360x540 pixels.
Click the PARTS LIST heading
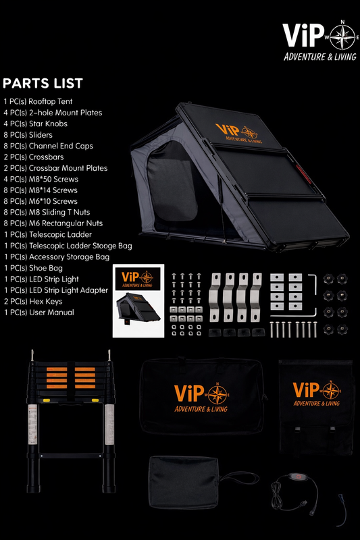coord(43,83)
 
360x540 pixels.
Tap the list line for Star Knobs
coord(36,124)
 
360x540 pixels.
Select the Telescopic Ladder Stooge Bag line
coord(68,246)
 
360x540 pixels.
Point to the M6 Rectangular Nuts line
coord(53,223)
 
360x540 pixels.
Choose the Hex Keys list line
coord(33,302)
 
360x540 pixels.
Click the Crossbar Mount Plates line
coord(55,168)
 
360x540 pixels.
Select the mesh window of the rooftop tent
coord(172,182)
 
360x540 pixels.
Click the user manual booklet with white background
coord(138,300)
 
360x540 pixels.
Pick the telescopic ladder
coord(71,421)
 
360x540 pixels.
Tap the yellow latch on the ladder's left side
coord(46,400)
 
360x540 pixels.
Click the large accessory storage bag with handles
coord(202,396)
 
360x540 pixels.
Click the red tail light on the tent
coord(303,174)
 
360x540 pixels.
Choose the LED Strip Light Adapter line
coord(56,290)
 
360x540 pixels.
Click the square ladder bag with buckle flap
coord(316,407)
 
